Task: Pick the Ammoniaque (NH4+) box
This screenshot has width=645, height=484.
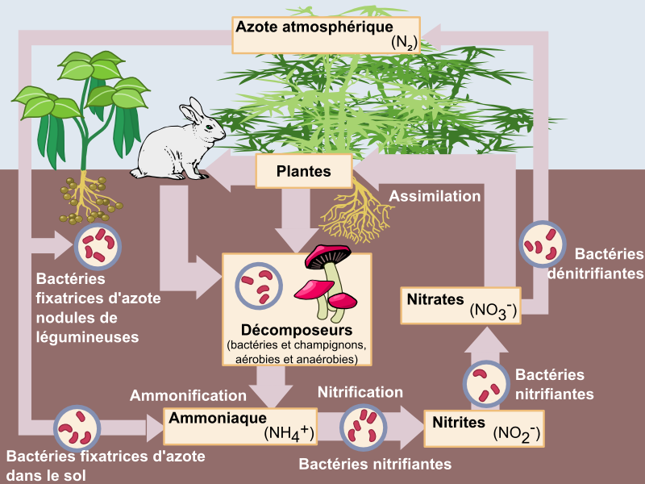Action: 240,426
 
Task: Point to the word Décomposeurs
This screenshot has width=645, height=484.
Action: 297,331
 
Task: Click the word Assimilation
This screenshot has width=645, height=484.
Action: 435,196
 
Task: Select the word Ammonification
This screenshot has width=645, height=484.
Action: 188,396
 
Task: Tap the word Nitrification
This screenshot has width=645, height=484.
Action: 360,392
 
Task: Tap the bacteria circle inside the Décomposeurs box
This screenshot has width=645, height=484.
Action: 259,284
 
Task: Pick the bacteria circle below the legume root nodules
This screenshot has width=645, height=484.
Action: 98,247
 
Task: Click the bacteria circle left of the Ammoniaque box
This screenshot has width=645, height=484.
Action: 77,428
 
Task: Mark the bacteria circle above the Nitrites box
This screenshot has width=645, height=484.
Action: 486,383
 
